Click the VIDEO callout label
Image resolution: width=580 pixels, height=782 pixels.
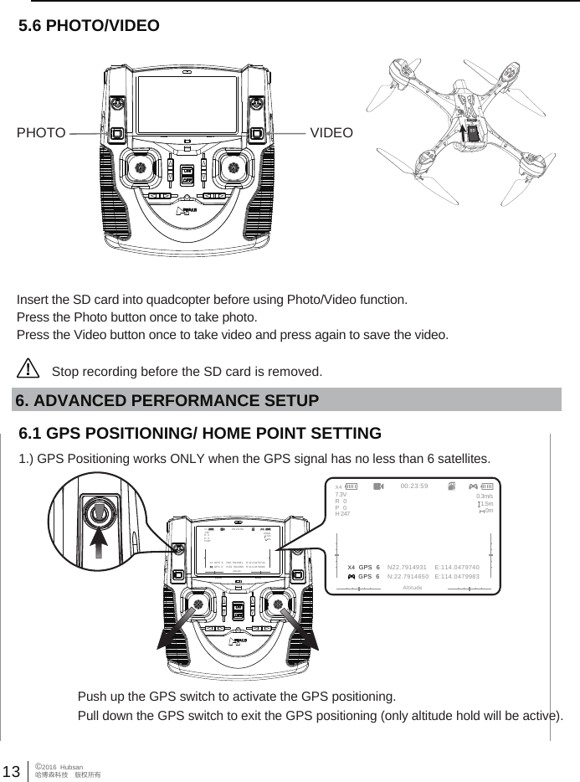point(331,133)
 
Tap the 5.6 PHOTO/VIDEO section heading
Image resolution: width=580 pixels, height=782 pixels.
point(89,26)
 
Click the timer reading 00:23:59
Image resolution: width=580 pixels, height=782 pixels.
point(414,485)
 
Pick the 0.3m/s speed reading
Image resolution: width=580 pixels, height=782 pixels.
point(483,495)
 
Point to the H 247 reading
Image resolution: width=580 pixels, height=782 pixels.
point(342,512)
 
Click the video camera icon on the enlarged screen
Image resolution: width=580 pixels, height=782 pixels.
point(378,486)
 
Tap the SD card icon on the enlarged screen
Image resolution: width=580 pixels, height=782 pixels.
point(452,486)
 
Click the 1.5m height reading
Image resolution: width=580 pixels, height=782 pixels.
point(485,503)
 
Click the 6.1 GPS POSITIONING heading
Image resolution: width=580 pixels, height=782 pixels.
point(200,434)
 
